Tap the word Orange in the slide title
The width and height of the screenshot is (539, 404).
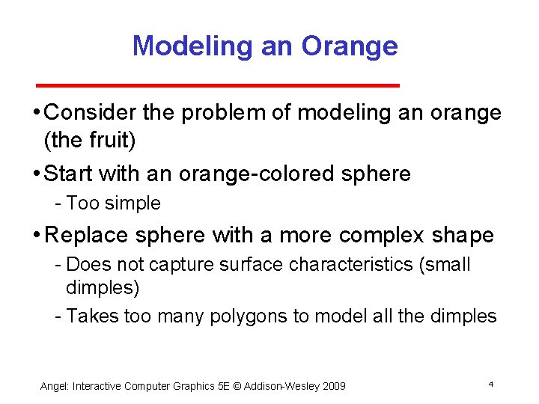(x=350, y=46)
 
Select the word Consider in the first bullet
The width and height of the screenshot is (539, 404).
(x=91, y=113)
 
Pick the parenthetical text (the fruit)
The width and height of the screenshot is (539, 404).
(x=90, y=140)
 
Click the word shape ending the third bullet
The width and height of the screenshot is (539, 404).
(x=463, y=235)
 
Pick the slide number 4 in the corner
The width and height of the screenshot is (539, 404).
(x=490, y=384)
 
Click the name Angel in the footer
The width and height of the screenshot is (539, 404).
(x=54, y=386)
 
